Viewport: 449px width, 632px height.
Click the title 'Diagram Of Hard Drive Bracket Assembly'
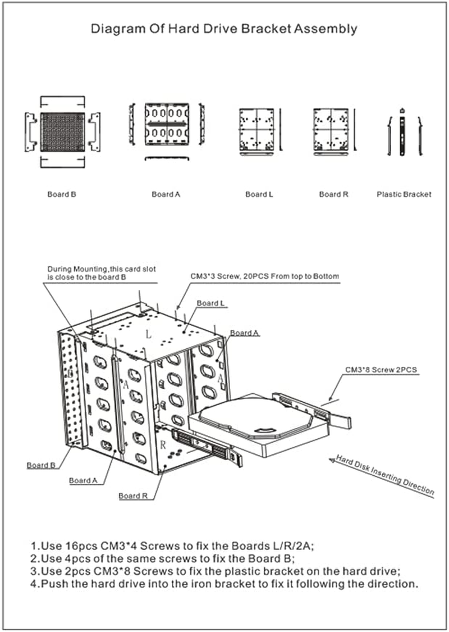tap(224, 29)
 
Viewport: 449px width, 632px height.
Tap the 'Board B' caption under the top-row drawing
tap(61, 194)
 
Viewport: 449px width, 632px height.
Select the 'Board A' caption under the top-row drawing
tap(166, 194)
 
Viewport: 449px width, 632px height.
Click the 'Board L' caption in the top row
tap(259, 194)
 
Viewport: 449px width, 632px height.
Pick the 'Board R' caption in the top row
tap(334, 194)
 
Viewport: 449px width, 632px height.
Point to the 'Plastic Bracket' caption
tap(404, 194)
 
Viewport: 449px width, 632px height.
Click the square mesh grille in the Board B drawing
tap(62, 132)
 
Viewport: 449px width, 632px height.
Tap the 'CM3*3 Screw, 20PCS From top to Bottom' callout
tap(264, 276)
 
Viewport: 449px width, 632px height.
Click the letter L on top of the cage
tap(148, 334)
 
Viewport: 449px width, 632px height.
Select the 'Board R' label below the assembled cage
tap(132, 496)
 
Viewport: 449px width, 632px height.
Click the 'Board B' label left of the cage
tap(40, 465)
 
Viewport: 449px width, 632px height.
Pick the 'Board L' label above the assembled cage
tap(210, 303)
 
